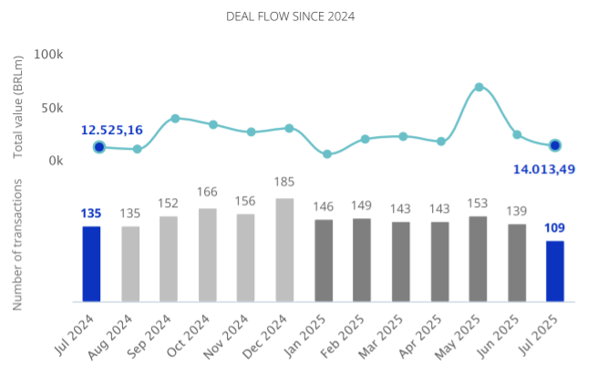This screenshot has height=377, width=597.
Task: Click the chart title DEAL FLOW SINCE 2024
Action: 290,16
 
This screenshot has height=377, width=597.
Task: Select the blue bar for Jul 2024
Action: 91,264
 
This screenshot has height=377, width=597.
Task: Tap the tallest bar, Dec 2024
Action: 284,250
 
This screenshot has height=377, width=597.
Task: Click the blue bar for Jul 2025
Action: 554,271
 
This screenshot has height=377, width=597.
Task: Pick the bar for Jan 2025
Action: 324,260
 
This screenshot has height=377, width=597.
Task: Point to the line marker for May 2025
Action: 479,88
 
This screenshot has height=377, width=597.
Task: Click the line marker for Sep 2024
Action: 175,119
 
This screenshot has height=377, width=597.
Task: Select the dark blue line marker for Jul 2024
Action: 98,147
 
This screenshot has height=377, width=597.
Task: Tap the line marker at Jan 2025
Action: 327,154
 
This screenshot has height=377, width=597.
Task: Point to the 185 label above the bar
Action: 284,183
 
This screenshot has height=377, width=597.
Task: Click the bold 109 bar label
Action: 554,226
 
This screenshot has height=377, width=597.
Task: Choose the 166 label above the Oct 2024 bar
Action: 207,193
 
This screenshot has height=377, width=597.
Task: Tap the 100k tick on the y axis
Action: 47,55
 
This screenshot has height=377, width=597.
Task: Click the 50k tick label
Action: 50,108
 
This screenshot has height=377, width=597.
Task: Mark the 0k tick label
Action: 54,161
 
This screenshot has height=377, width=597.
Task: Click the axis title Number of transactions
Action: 18,244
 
